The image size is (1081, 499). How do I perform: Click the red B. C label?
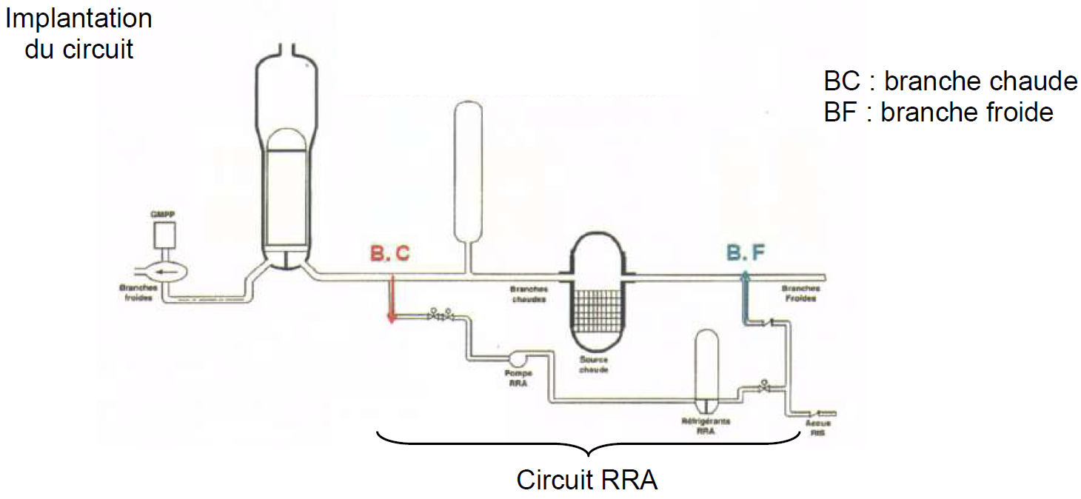(x=389, y=253)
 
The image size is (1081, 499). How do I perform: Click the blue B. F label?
(x=745, y=253)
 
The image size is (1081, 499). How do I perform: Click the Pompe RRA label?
(x=518, y=378)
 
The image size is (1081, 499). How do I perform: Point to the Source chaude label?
(x=595, y=364)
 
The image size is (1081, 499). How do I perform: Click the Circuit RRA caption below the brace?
(x=586, y=480)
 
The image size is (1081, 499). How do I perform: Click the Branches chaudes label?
(x=529, y=295)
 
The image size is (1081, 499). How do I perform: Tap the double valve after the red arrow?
(x=441, y=316)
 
